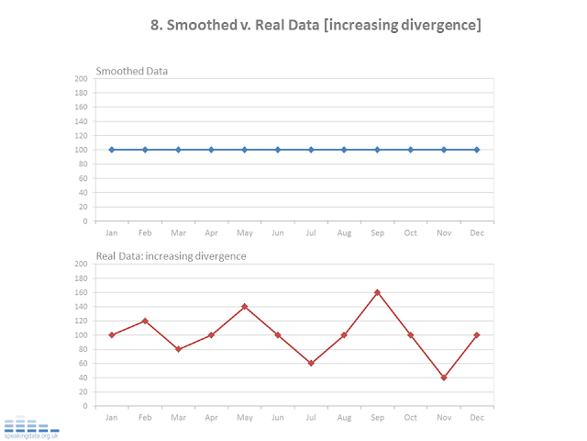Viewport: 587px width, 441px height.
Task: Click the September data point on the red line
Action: (x=377, y=292)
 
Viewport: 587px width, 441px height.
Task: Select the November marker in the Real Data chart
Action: (x=443, y=378)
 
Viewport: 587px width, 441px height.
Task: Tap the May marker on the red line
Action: (x=244, y=306)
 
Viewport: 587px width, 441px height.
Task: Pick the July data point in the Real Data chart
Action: (x=311, y=363)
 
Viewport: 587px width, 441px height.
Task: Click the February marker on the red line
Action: (x=145, y=321)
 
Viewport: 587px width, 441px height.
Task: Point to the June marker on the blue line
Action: (x=278, y=149)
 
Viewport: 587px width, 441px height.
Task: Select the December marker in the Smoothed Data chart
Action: (x=477, y=149)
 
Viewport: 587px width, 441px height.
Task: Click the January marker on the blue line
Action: (x=112, y=149)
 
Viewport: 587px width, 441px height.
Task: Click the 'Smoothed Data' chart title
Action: (x=132, y=71)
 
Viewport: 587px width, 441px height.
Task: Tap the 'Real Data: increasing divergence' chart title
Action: (x=172, y=256)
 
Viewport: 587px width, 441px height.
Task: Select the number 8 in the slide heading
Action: (x=155, y=25)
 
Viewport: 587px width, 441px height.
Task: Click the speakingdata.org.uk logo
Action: (x=32, y=428)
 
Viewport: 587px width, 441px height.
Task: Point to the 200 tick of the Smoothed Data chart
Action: (x=81, y=78)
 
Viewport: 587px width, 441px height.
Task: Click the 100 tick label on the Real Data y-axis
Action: (x=81, y=334)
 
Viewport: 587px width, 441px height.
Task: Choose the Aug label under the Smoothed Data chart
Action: (x=344, y=232)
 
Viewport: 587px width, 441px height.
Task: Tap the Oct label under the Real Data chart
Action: (x=410, y=417)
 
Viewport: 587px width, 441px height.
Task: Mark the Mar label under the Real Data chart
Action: (x=178, y=417)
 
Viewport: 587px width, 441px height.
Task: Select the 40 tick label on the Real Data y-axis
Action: (x=83, y=378)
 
